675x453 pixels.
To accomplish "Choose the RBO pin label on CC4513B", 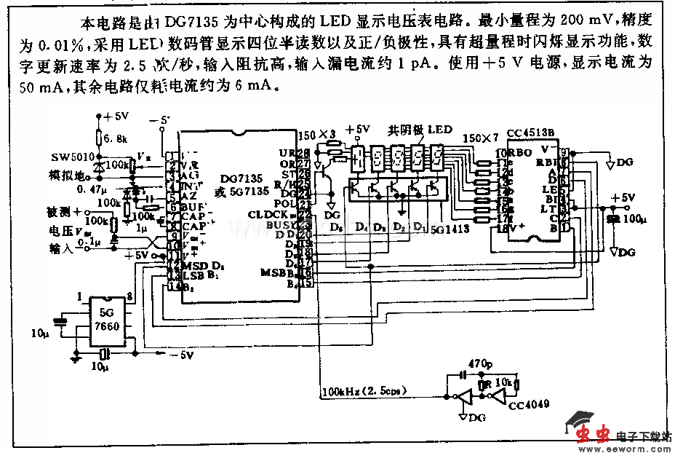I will pos(508,154).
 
